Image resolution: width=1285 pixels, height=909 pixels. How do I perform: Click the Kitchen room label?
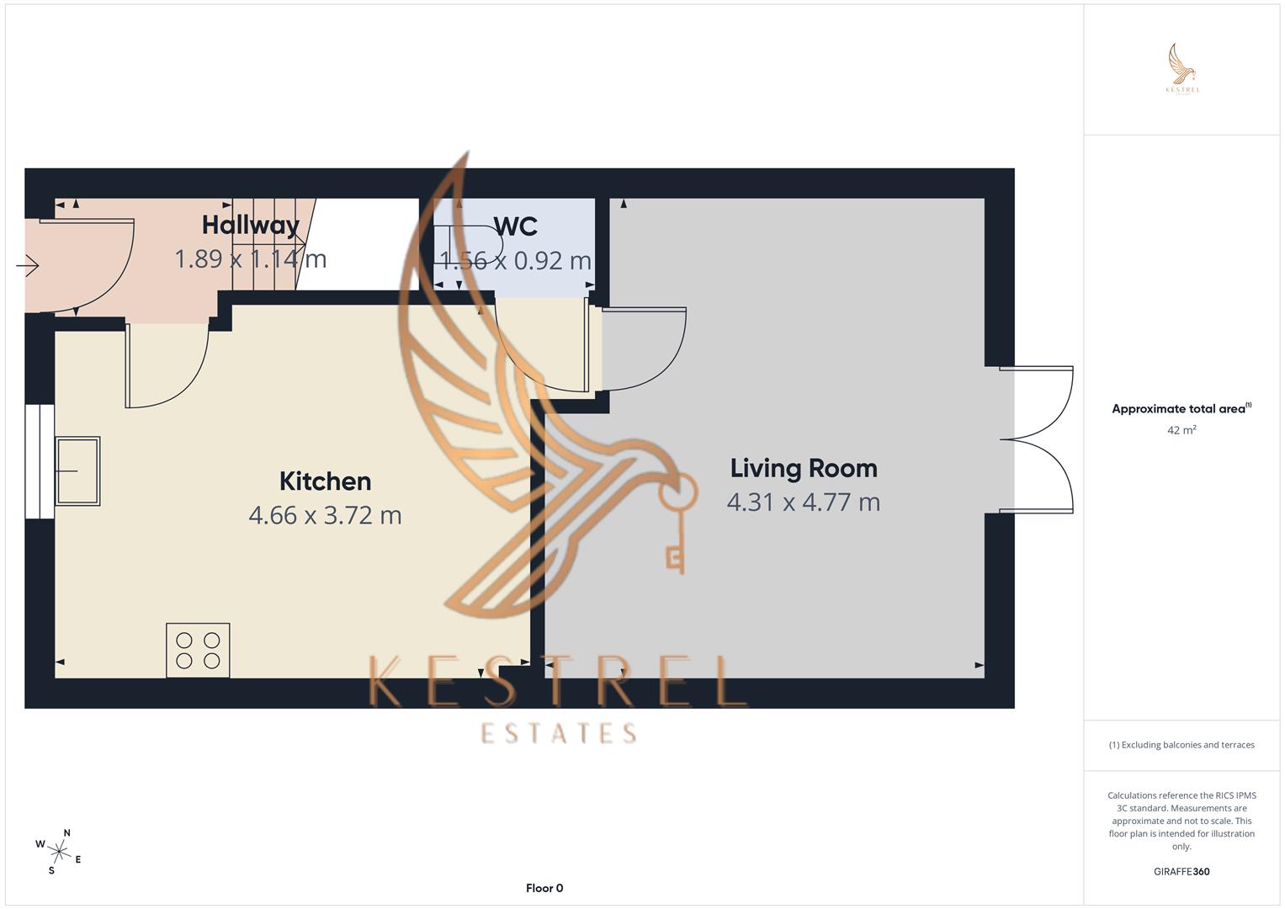pyautogui.click(x=325, y=481)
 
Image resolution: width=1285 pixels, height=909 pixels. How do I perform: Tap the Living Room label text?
pyautogui.click(x=803, y=468)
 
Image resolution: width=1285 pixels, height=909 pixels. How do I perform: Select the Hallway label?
pyautogui.click(x=250, y=225)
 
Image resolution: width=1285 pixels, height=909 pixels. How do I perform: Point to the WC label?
pyautogui.click(x=515, y=226)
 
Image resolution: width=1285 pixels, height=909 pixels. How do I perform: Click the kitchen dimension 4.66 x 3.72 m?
pyautogui.click(x=325, y=515)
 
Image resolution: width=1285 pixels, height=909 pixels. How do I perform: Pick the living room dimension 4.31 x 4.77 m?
pyautogui.click(x=803, y=502)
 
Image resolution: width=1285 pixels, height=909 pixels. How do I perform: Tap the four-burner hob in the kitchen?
pyautogui.click(x=198, y=651)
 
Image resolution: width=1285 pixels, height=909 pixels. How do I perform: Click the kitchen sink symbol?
pyautogui.click(x=77, y=470)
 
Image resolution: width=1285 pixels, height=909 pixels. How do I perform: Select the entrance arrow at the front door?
pyautogui.click(x=27, y=266)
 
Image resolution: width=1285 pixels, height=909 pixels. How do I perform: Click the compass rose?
pyautogui.click(x=59, y=852)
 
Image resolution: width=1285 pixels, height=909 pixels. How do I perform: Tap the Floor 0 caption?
pyautogui.click(x=544, y=888)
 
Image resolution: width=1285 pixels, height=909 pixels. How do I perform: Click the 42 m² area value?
pyautogui.click(x=1181, y=430)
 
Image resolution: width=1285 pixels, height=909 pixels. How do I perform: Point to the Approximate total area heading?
pyautogui.click(x=1181, y=409)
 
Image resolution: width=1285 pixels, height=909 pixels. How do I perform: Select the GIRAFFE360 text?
pyautogui.click(x=1181, y=872)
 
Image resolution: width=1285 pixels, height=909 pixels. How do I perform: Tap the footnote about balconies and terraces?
pyautogui.click(x=1181, y=745)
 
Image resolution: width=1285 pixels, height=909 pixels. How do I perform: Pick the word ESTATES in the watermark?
pyautogui.click(x=559, y=734)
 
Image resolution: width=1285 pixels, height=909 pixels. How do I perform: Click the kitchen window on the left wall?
pyautogui.click(x=39, y=461)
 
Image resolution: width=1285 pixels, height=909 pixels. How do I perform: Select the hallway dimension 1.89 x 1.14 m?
pyautogui.click(x=250, y=259)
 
